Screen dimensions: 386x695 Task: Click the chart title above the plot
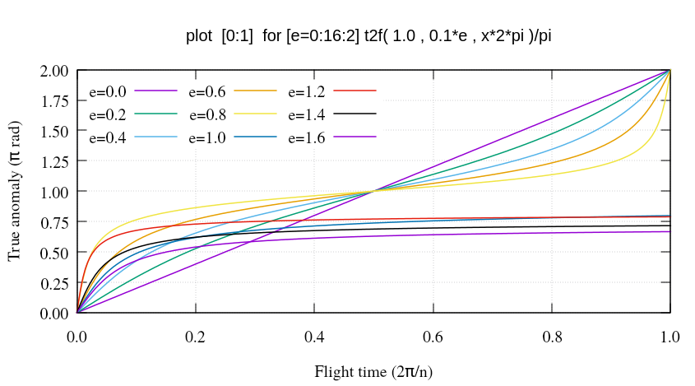364,37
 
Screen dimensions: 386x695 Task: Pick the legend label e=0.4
108,137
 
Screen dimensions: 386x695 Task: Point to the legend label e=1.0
207,137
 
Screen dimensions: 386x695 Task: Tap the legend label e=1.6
307,137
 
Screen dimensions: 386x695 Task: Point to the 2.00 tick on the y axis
53,71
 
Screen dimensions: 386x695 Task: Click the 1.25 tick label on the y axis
53,162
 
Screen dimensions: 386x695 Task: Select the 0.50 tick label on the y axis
53,253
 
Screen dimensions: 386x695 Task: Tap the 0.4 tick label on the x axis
314,337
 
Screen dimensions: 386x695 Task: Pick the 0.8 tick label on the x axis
552,337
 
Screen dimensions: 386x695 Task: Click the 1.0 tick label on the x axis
670,337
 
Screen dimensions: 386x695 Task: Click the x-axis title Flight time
373,371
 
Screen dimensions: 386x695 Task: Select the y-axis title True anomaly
16,192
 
